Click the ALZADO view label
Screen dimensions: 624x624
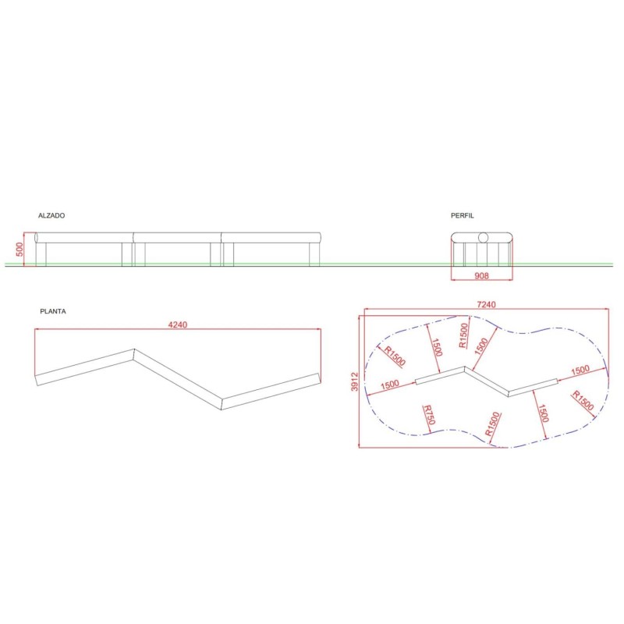point(51,214)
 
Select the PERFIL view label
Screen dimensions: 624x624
point(462,214)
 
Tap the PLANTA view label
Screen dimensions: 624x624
point(53,310)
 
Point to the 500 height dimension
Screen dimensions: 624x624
point(20,250)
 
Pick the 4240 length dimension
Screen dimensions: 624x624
point(179,324)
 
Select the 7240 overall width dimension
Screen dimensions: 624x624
point(485,304)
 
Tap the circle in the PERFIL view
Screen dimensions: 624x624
point(483,237)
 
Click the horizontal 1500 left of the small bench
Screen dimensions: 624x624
point(391,385)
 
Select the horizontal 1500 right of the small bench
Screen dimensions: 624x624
point(580,370)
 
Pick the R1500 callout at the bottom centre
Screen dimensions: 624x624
point(493,424)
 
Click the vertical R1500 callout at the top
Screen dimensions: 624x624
point(463,336)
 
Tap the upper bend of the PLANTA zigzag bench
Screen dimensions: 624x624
point(135,353)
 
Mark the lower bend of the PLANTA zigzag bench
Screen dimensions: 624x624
point(222,403)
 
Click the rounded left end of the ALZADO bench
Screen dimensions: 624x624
point(37,237)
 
